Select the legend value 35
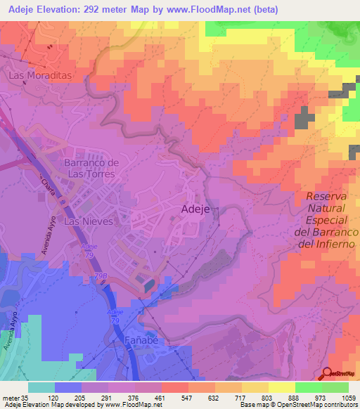[29, 397]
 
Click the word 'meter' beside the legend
[12, 397]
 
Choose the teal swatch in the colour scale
[41, 387]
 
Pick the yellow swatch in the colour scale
[281, 387]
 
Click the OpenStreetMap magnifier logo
[328, 374]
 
